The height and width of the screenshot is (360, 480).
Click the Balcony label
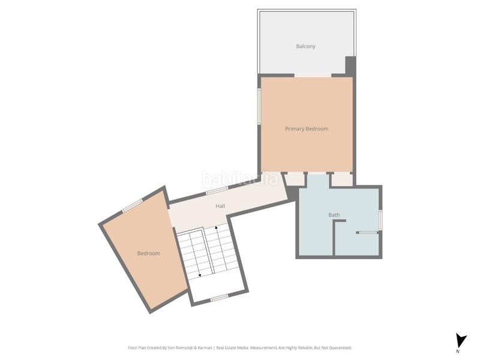click(x=305, y=46)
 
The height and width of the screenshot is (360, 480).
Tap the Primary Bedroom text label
click(x=307, y=129)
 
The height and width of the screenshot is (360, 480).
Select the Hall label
click(x=220, y=206)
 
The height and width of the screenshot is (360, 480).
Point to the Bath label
click(x=334, y=215)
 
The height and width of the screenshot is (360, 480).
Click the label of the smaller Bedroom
click(x=148, y=253)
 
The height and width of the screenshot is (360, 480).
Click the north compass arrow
click(x=460, y=340)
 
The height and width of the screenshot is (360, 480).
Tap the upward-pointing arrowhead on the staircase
click(x=217, y=229)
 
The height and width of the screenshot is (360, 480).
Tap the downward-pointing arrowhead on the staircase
click(x=199, y=275)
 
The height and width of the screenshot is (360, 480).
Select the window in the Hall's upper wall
click(x=217, y=191)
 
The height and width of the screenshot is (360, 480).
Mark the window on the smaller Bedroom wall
click(x=132, y=205)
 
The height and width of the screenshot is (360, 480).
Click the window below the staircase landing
click(x=219, y=297)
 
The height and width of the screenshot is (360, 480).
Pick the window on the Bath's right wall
click(x=380, y=220)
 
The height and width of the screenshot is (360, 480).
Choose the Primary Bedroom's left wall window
click(x=259, y=107)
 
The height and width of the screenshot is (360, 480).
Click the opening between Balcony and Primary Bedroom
click(x=313, y=75)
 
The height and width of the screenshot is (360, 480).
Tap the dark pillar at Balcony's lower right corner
click(x=350, y=65)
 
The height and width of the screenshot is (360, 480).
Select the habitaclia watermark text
click(x=240, y=178)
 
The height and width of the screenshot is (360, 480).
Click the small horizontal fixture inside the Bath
click(x=367, y=232)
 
